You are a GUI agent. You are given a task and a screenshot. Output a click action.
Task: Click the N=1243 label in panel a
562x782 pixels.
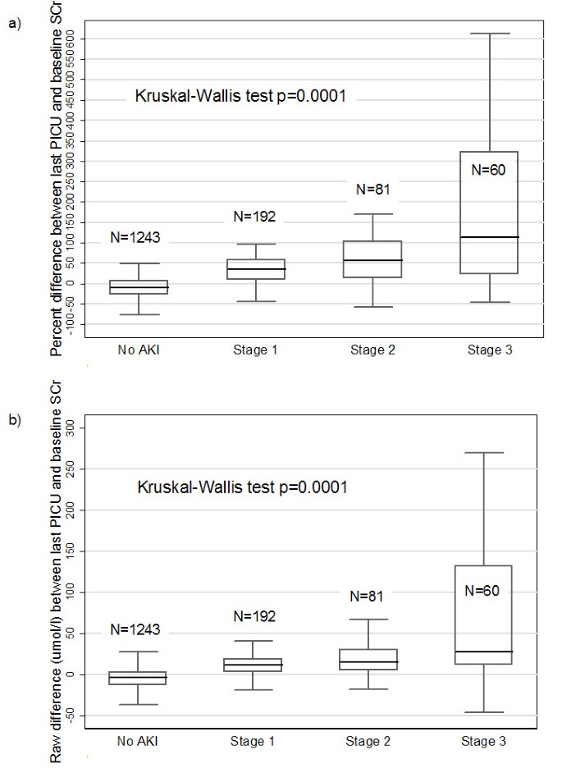coord(135,239)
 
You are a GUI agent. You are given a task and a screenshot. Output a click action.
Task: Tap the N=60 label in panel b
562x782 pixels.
coord(487,591)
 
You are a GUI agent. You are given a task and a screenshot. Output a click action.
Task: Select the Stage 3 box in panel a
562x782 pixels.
coord(489,212)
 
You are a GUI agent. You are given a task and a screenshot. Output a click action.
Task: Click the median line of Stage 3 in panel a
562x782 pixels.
coord(489,237)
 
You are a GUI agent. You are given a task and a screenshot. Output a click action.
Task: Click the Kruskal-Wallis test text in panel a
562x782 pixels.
coord(240,96)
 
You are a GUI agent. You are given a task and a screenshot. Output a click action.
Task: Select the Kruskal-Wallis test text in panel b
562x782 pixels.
coord(242,487)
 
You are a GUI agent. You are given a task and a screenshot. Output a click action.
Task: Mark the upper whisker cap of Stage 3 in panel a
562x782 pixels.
coord(489,34)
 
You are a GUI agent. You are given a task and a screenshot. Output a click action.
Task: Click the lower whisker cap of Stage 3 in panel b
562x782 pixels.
coord(483,712)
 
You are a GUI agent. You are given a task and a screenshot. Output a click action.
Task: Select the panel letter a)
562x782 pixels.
coord(14,24)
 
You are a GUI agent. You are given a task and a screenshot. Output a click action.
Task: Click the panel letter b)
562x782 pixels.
coord(14,420)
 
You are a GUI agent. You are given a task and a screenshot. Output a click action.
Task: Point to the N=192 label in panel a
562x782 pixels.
coord(254,217)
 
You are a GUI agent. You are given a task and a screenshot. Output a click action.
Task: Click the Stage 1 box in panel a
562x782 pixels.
coord(254,269)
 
